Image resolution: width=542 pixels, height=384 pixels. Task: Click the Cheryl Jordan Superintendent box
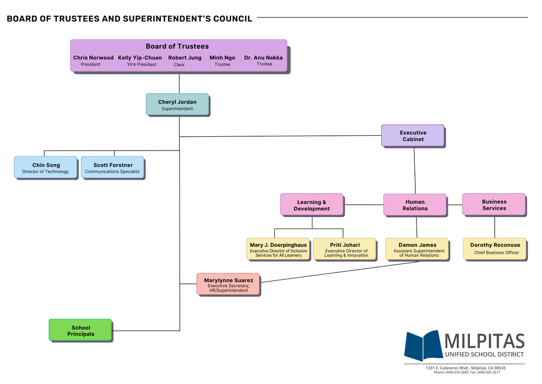pos(177,104)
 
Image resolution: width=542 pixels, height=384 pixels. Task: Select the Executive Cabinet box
pos(412,136)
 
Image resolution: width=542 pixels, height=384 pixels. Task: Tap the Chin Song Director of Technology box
pos(45,168)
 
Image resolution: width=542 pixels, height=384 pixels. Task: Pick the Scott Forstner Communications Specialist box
pos(112,168)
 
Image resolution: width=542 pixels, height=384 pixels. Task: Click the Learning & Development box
pos(311,205)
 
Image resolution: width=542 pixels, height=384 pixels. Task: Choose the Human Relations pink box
pos(414,205)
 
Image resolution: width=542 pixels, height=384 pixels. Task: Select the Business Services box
pos(494,204)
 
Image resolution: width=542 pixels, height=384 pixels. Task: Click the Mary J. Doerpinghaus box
pos(278,249)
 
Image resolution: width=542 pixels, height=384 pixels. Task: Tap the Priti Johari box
pos(345,249)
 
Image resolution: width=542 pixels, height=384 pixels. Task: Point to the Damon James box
pos(417,249)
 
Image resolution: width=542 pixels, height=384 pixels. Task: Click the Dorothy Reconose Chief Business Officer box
pos(495,249)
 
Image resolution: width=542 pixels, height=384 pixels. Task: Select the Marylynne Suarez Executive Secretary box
pos(228,284)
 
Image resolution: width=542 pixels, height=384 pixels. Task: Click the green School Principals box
pos(80,330)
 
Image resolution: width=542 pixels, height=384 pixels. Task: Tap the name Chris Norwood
pos(93,58)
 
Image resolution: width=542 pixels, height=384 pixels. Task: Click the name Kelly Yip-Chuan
pos(140,58)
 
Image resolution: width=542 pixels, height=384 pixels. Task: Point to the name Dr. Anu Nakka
pos(263,58)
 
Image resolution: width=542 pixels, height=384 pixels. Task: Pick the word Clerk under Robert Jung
pos(179,65)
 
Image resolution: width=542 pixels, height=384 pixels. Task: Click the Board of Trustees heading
pos(177,46)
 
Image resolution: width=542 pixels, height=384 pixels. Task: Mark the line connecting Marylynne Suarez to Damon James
pos(340,271)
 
